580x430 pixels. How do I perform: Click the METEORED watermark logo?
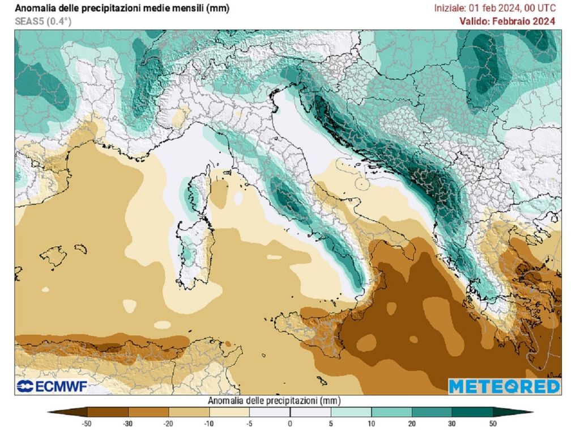(504, 386)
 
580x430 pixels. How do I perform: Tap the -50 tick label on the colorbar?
(87, 423)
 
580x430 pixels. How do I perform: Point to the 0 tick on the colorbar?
(290, 423)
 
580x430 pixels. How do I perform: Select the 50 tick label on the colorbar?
(493, 423)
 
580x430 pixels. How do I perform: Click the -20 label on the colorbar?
(168, 423)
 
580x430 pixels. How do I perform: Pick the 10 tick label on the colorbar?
(372, 423)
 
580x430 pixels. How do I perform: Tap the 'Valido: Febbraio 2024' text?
(507, 22)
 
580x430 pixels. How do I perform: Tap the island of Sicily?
(314, 332)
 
